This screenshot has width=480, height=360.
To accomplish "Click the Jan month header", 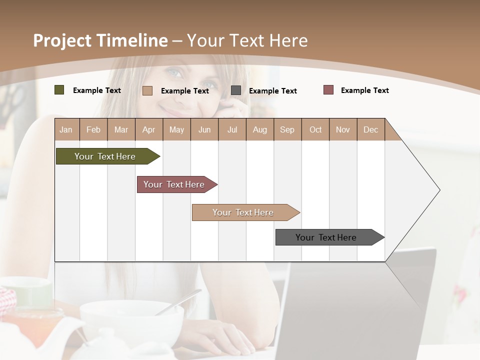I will [x=66, y=129].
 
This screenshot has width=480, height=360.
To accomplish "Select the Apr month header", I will [x=148, y=129].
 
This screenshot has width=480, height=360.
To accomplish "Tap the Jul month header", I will [x=232, y=129].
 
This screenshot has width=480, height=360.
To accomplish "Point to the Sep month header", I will [x=287, y=129].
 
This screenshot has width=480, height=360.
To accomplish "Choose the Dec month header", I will [x=370, y=129].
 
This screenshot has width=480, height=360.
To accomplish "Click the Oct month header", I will [x=315, y=129].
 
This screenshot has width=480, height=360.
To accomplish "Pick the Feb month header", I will [x=93, y=129].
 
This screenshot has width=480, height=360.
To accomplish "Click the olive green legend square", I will [x=59, y=90].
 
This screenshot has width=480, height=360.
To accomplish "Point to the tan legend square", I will [x=147, y=90].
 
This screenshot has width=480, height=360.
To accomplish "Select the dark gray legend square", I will [x=236, y=90].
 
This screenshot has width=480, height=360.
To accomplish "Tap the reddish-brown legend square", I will [x=328, y=90].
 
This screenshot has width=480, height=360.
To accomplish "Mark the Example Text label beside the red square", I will [x=364, y=90].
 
